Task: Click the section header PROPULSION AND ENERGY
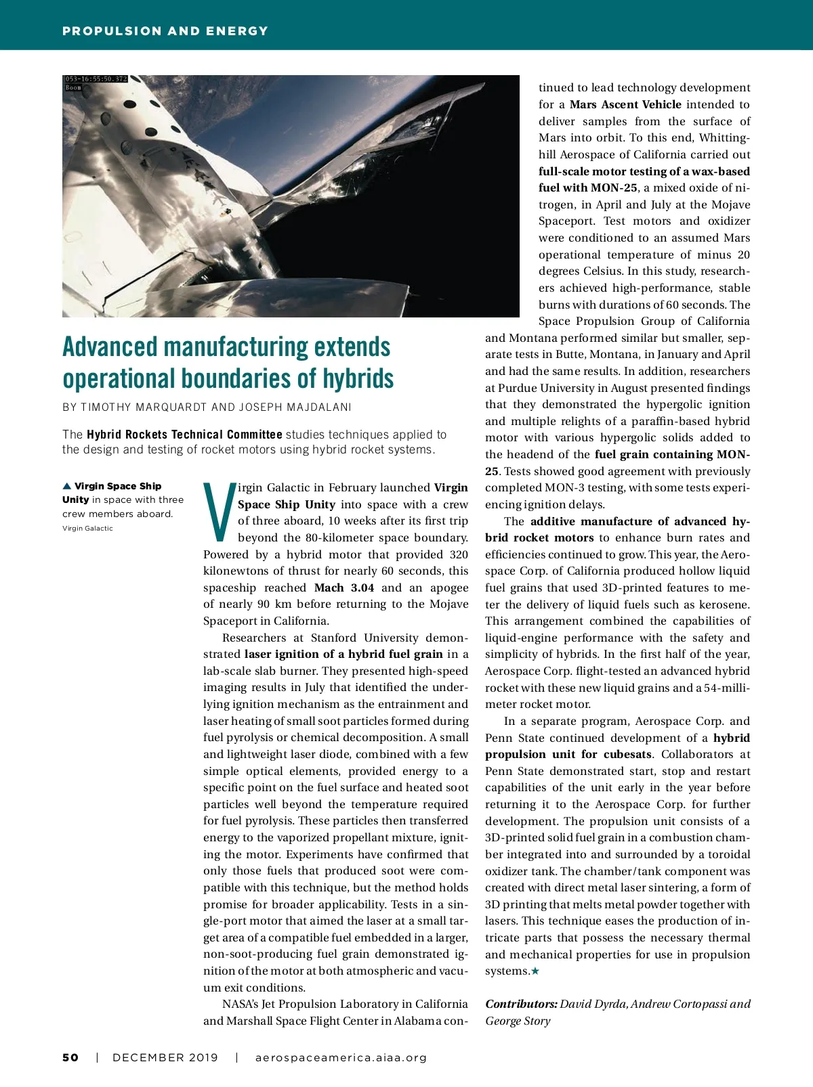click(x=165, y=31)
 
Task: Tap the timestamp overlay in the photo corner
click(x=96, y=79)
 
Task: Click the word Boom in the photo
click(x=73, y=87)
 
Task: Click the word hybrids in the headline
click(x=358, y=379)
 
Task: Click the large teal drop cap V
click(x=219, y=512)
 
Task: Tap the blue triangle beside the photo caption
click(x=66, y=486)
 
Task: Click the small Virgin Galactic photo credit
click(x=87, y=529)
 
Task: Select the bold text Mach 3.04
click(x=344, y=587)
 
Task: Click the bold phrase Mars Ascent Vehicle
click(x=625, y=104)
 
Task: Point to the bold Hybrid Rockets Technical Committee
click(x=184, y=435)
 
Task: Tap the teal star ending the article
click(x=535, y=971)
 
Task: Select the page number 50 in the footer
click(x=70, y=1058)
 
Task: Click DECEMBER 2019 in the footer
click(x=165, y=1058)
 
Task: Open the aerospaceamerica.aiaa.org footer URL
click(x=341, y=1058)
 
